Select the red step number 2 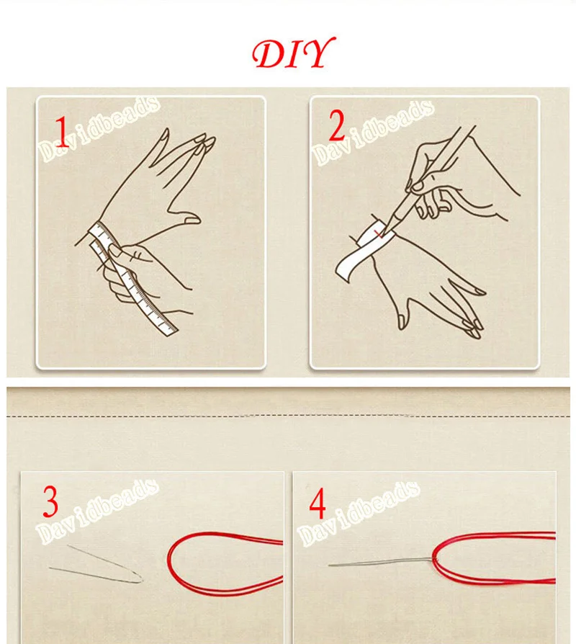pyautogui.click(x=336, y=128)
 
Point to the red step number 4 pyautogui.click(x=318, y=506)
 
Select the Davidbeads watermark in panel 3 pyautogui.click(x=99, y=512)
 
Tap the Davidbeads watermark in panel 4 pyautogui.click(x=358, y=513)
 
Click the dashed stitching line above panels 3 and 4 pyautogui.click(x=288, y=416)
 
